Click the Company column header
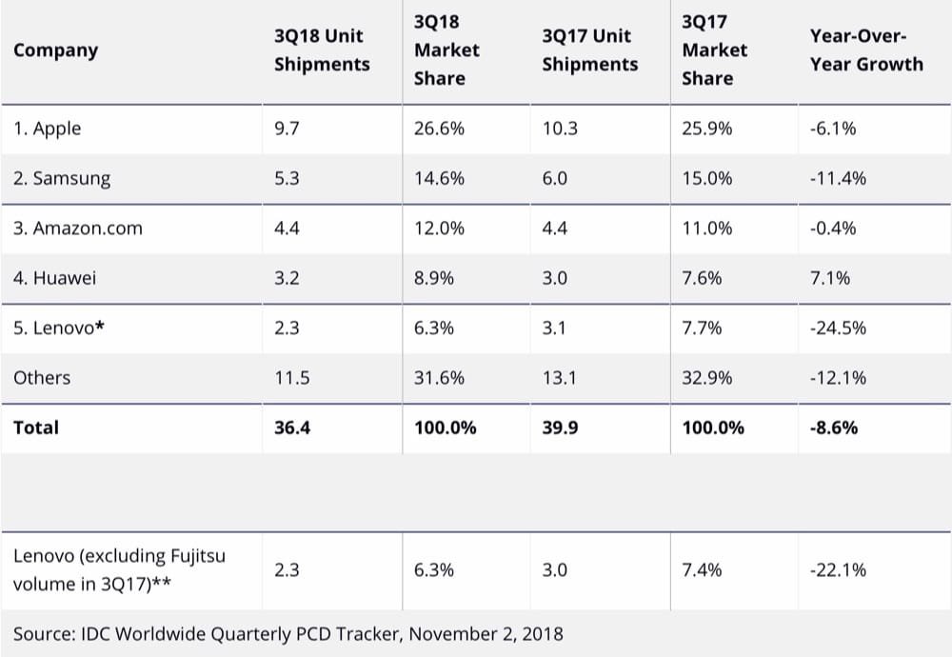click(x=55, y=50)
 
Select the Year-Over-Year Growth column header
click(x=865, y=50)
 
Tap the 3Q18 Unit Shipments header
click(x=321, y=50)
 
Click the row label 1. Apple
click(x=47, y=129)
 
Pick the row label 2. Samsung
click(x=61, y=178)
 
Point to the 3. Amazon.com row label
click(x=77, y=229)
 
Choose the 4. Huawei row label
click(x=54, y=278)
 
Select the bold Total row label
click(x=36, y=428)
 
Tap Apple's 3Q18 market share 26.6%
click(x=439, y=129)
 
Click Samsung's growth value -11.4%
click(x=838, y=178)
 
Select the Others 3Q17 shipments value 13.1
click(x=560, y=378)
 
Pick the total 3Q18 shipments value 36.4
click(x=292, y=428)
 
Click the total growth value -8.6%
click(x=833, y=428)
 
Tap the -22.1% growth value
click(x=838, y=569)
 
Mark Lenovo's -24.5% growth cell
click(x=838, y=328)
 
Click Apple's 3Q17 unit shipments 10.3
click(x=560, y=129)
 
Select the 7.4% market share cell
click(x=702, y=569)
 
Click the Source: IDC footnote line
click(x=288, y=633)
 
